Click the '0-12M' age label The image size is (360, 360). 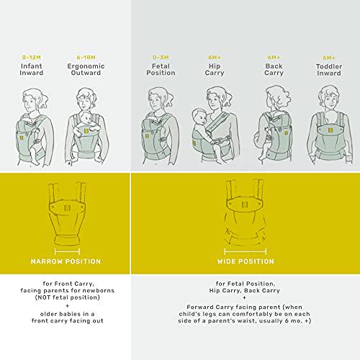click(x=32, y=58)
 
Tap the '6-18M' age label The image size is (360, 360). click(x=86, y=58)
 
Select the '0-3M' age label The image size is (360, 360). click(x=161, y=58)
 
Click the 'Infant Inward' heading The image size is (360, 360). click(x=32, y=69)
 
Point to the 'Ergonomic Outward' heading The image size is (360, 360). click(x=86, y=69)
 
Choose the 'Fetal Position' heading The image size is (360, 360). click(x=161, y=69)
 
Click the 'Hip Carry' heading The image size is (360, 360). click(x=215, y=70)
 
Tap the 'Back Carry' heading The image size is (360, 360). click(x=274, y=70)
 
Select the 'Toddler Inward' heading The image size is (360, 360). click(x=329, y=70)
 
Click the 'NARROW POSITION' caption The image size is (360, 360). click(x=66, y=261)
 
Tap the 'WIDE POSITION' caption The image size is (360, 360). click(x=246, y=261)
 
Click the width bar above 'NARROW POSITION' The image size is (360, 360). click(x=67, y=252)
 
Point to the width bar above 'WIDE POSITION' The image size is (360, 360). click(x=246, y=252)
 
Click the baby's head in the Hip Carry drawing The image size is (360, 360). click(x=199, y=117)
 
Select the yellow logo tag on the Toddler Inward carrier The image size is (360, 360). click(x=330, y=130)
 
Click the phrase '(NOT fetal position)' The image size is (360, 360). click(x=68, y=297)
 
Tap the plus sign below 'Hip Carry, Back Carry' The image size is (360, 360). click(x=245, y=298)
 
